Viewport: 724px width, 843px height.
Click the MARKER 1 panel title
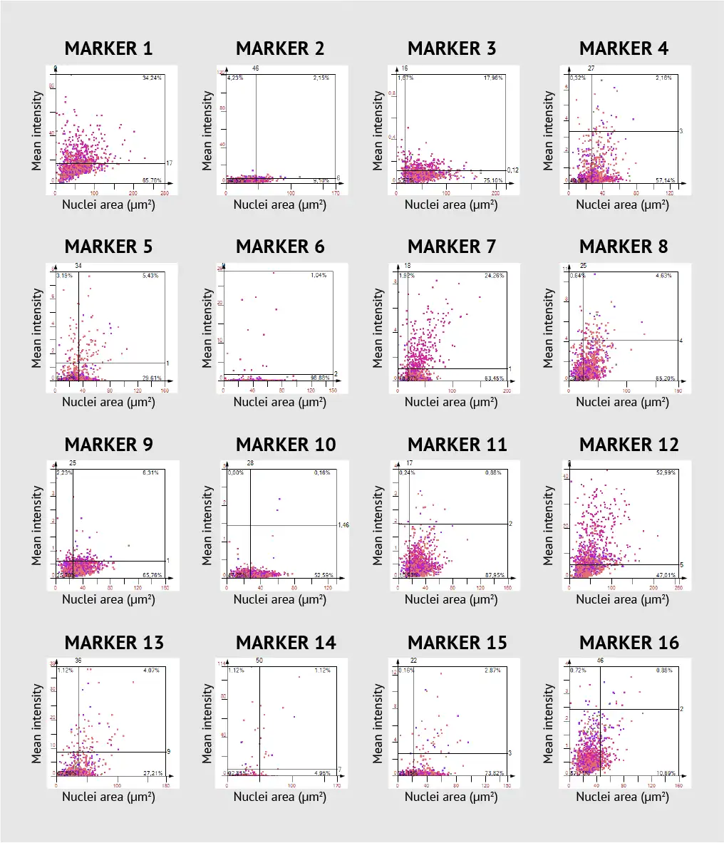(x=108, y=48)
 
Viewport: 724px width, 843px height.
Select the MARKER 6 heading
(x=280, y=247)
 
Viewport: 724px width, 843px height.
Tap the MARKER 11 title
(x=457, y=445)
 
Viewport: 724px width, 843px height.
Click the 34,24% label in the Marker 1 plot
(x=152, y=78)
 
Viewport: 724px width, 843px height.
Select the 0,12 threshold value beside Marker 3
(x=512, y=170)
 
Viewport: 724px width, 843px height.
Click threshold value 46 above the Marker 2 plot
(x=256, y=68)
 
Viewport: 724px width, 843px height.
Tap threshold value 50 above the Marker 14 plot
(x=259, y=661)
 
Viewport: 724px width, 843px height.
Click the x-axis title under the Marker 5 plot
(x=108, y=402)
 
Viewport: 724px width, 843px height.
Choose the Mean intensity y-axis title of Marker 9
(x=37, y=526)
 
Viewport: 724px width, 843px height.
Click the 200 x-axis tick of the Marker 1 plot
(x=133, y=192)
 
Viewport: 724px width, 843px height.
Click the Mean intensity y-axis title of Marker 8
(x=549, y=328)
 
